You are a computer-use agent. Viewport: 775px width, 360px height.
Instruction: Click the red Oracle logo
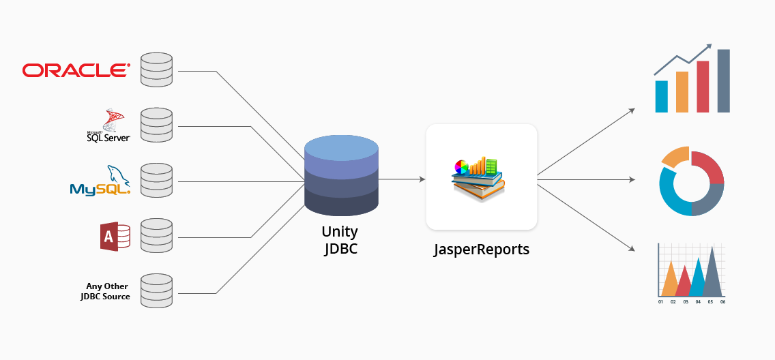(x=76, y=70)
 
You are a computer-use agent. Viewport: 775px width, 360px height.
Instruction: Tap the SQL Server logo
(x=108, y=125)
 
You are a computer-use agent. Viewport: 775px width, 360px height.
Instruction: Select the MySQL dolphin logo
(x=100, y=181)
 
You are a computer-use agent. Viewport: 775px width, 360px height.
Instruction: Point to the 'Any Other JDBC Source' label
(x=105, y=291)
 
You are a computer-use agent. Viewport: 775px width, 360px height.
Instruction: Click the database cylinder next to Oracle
(x=156, y=70)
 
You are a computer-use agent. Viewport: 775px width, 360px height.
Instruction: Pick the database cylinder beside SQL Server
(x=156, y=125)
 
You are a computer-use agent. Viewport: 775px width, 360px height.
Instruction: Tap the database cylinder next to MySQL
(x=156, y=181)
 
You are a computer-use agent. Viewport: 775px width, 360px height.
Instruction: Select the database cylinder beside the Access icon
(x=156, y=236)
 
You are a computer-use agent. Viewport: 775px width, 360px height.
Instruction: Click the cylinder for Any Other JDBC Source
(x=156, y=291)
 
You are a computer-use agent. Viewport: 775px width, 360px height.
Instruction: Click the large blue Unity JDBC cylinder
(x=341, y=176)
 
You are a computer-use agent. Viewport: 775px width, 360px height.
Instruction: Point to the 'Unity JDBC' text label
(x=340, y=241)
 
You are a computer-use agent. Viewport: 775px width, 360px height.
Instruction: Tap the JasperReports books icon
(x=478, y=178)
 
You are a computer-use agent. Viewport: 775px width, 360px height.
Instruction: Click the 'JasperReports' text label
(x=482, y=250)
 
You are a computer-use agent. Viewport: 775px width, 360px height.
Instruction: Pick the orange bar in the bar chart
(x=682, y=91)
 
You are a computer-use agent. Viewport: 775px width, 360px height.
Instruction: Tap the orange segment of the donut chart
(x=675, y=157)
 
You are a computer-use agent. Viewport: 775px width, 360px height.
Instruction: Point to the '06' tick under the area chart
(x=722, y=301)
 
